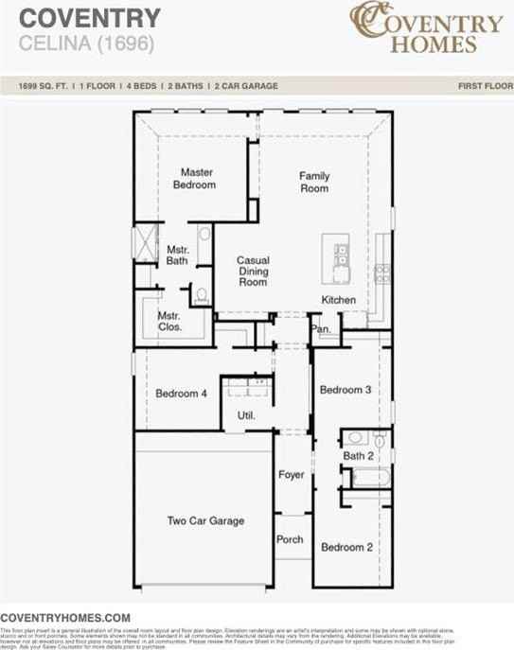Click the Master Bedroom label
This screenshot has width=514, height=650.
194,179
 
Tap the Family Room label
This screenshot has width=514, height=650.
314,182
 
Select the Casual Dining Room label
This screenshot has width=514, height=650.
253,272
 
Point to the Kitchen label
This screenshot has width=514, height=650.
338,300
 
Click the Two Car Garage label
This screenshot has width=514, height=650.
205,520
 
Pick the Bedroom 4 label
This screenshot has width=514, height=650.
181,394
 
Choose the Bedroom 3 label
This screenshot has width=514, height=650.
345,390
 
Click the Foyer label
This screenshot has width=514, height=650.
291,475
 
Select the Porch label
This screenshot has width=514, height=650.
290,539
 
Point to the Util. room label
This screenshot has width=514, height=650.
245,415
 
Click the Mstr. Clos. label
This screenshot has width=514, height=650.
169,322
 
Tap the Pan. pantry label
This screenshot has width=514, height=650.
322,329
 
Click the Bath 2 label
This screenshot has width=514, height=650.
359,456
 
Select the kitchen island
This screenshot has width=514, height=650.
337,257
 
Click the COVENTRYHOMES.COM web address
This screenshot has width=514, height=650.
65,616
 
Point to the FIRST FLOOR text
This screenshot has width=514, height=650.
482,86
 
